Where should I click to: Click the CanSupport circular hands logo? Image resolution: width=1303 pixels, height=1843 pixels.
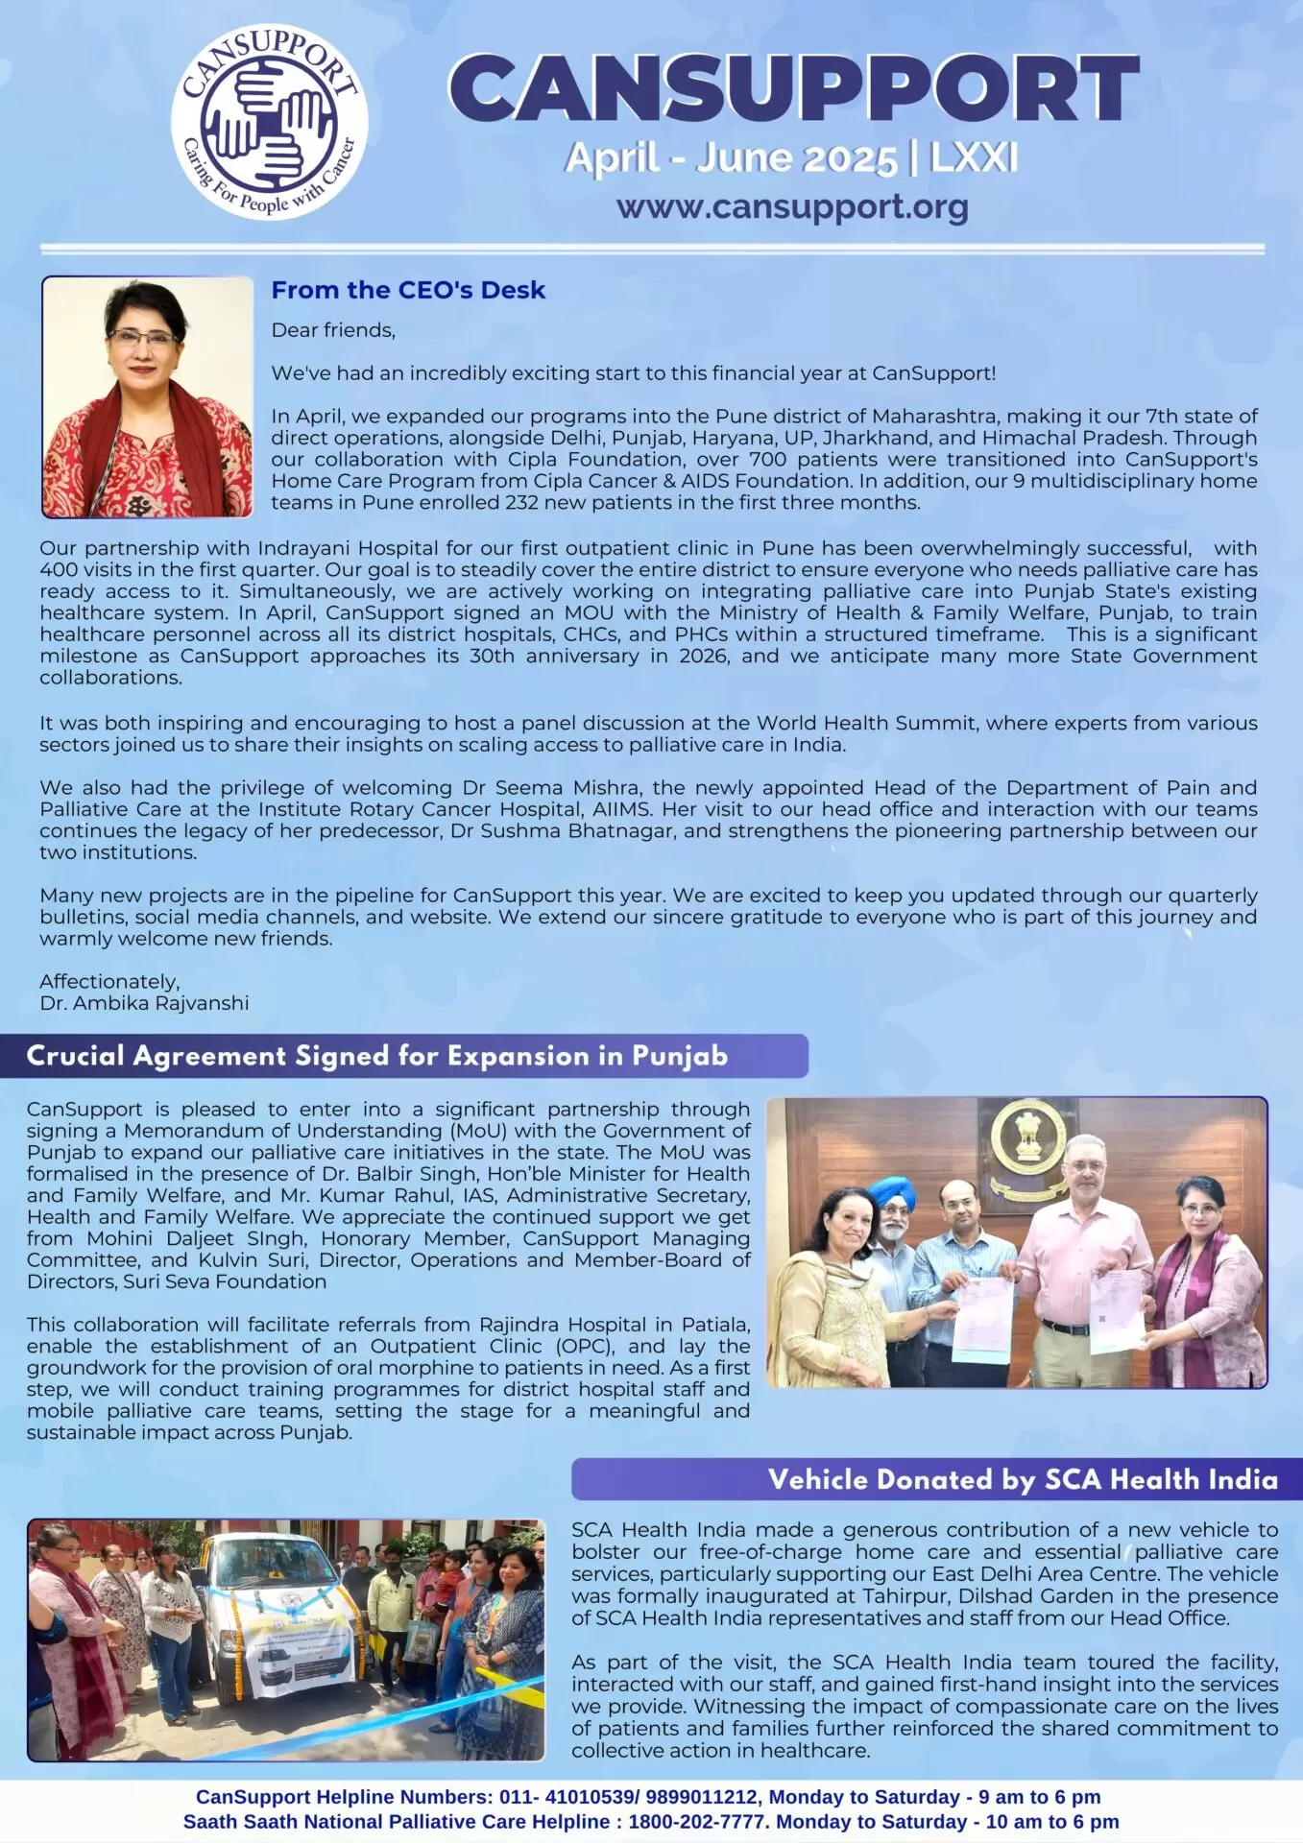coord(270,124)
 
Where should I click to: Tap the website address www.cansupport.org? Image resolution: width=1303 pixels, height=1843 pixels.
coord(792,206)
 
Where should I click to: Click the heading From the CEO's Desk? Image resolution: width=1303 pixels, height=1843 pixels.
coord(408,290)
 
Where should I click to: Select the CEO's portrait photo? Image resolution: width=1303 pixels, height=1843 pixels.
coord(147,396)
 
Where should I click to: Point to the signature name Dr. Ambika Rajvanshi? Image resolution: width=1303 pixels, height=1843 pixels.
coord(144,1003)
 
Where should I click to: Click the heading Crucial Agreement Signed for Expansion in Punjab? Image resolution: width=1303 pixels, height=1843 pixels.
coord(376,1056)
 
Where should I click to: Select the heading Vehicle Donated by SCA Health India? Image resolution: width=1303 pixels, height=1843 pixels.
coord(1023,1479)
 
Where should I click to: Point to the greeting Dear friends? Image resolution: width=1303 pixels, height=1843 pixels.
coord(333,330)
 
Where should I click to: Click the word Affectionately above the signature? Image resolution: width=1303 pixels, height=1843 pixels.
coord(109,982)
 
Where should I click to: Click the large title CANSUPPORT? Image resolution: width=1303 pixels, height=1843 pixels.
coord(793,89)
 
